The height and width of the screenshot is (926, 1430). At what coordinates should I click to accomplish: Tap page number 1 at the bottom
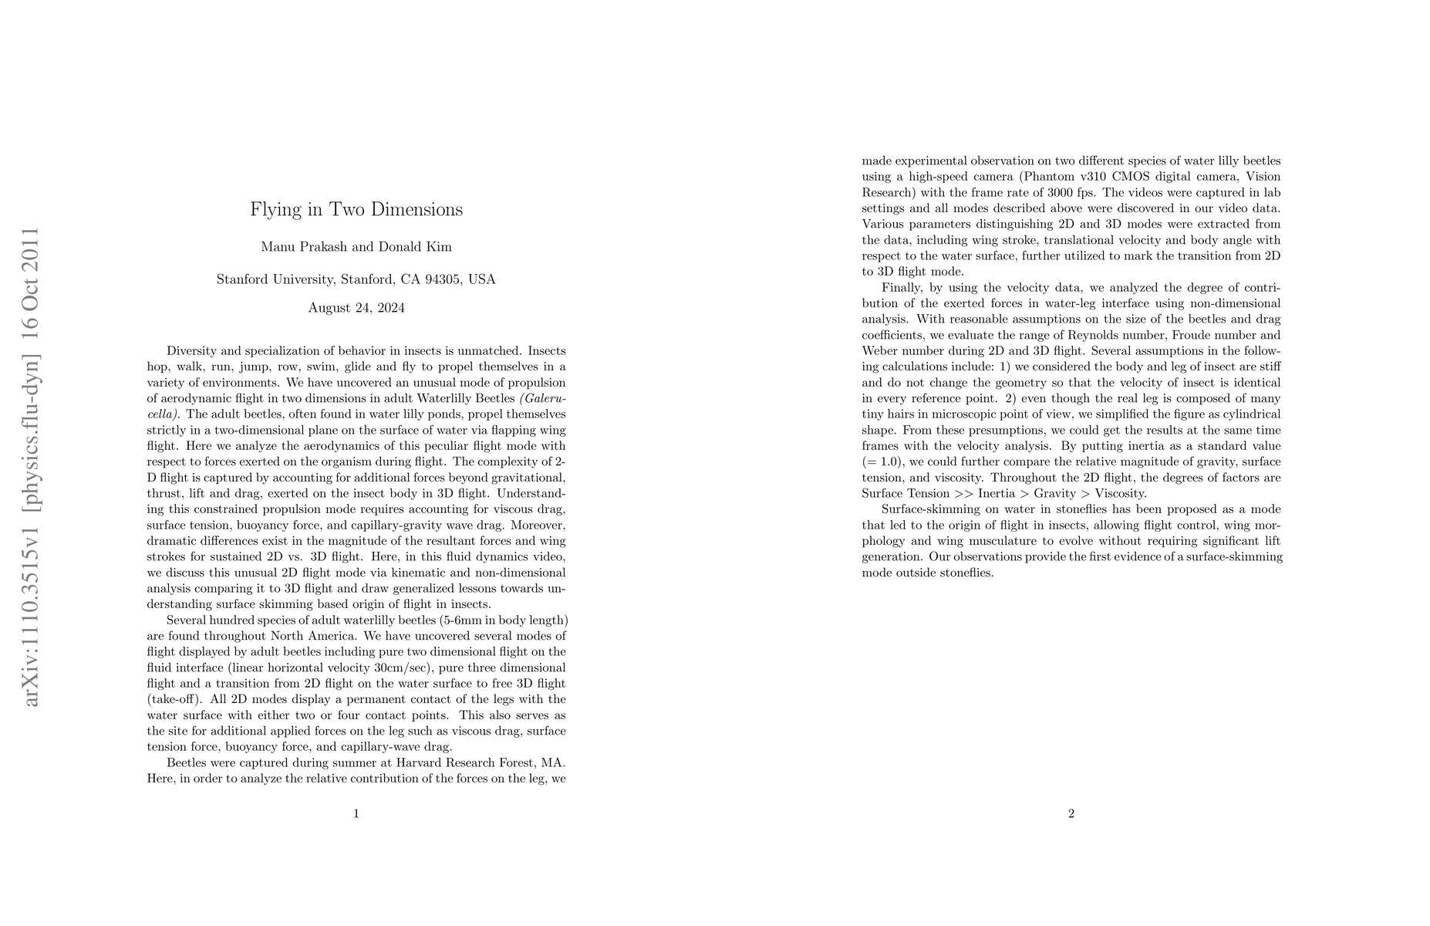click(356, 813)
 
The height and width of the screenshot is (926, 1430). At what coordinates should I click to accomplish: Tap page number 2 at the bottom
click(1071, 813)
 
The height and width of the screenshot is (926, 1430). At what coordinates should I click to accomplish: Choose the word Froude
click(1187, 335)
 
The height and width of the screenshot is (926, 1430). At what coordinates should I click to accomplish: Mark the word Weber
click(881, 351)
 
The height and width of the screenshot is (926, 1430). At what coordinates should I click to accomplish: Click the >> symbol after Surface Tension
click(965, 494)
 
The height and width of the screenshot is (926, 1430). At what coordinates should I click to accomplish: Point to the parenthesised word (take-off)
click(174, 699)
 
